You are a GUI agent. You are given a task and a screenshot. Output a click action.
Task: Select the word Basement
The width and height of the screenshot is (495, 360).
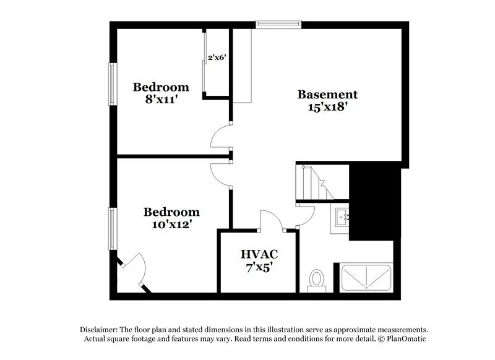[327, 95]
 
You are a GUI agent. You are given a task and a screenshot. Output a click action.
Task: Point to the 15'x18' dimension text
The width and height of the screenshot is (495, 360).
[327, 106]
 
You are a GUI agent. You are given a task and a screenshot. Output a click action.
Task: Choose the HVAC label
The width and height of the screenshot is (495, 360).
[259, 254]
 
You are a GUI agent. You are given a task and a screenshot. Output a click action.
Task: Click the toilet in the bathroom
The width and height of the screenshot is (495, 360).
[316, 279]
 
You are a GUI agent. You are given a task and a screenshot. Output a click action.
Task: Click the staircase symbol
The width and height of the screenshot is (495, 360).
[312, 182]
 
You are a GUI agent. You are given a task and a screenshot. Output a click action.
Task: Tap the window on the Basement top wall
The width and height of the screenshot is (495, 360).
[279, 25]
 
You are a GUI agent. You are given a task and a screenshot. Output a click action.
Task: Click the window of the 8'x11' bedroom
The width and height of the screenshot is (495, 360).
[112, 84]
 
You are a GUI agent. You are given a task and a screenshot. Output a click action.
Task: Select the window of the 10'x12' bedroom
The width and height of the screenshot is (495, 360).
[112, 229]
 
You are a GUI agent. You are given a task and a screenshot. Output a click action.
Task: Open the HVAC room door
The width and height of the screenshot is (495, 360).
[270, 220]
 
